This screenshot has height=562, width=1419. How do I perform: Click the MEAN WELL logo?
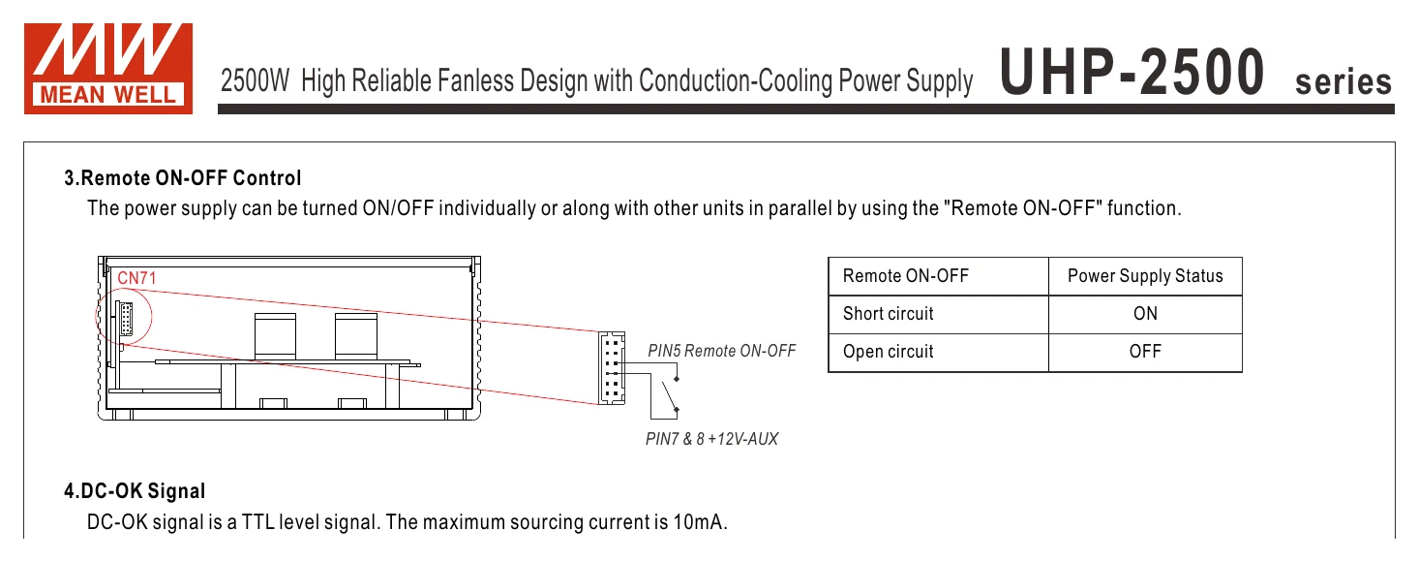108,69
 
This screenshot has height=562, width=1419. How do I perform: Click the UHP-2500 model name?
1132,72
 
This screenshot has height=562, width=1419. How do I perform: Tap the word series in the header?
1343,81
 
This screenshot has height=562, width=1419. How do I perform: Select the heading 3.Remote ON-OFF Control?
182,177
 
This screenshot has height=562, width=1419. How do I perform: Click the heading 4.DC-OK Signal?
135,491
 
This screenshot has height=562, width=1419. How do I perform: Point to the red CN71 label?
136,278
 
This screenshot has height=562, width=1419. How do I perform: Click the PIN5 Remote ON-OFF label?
721,351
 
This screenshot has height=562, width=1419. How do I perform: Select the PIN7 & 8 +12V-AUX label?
711,439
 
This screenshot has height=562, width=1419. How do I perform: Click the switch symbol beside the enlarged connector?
670,394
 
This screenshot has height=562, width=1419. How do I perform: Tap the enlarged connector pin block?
612,368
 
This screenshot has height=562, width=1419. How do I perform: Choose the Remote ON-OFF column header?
905,276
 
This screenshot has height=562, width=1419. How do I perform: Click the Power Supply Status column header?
1145,276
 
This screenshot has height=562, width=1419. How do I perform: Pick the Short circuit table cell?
889,313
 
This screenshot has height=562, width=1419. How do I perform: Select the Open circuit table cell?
889,352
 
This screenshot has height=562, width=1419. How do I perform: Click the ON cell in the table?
1145,313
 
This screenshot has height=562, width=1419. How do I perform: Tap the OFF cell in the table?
1145,352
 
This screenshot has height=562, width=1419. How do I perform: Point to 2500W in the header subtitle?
255,80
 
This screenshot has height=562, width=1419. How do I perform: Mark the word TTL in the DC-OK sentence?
257,522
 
